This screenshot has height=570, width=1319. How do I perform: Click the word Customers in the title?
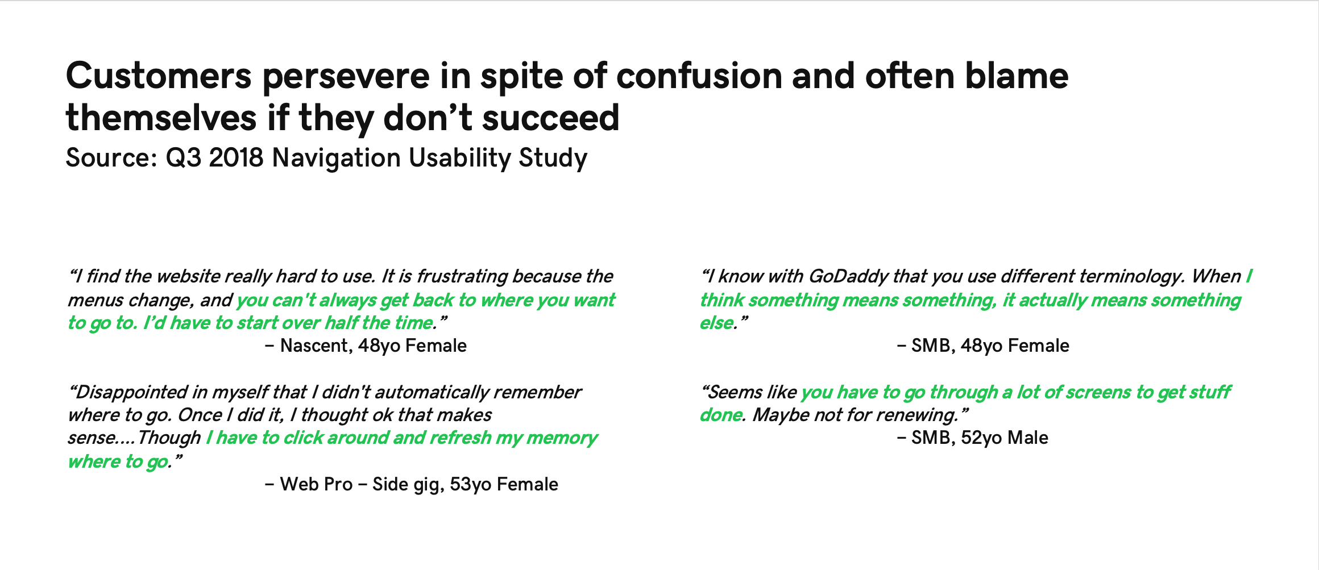click(x=159, y=76)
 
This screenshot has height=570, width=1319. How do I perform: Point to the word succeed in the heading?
click(x=550, y=118)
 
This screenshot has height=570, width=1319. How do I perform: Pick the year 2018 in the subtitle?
click(x=236, y=157)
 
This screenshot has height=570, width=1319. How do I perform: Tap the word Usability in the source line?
click(x=460, y=158)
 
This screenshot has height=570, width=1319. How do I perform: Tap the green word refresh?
click(x=460, y=438)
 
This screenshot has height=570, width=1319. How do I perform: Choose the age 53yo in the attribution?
click(x=470, y=484)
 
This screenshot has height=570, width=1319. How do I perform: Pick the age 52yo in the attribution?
click(x=981, y=438)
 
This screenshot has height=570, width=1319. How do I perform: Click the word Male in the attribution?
click(x=1028, y=438)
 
